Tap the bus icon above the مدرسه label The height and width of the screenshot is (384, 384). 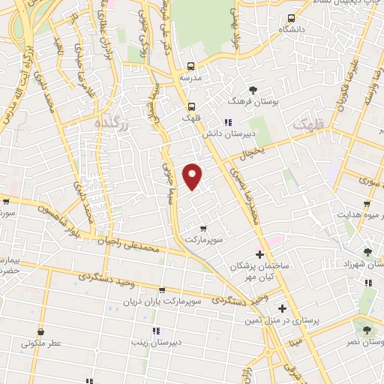tap(190, 66)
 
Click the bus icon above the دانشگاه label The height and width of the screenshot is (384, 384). tap(290, 16)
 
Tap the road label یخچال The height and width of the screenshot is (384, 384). tap(253, 152)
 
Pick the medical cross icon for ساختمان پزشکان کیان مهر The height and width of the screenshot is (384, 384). tap(259, 254)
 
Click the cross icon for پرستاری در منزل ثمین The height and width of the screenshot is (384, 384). tap(282, 308)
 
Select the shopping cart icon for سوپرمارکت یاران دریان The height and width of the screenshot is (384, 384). tap(161, 289)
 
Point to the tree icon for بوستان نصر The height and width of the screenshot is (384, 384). tap(366, 330)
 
